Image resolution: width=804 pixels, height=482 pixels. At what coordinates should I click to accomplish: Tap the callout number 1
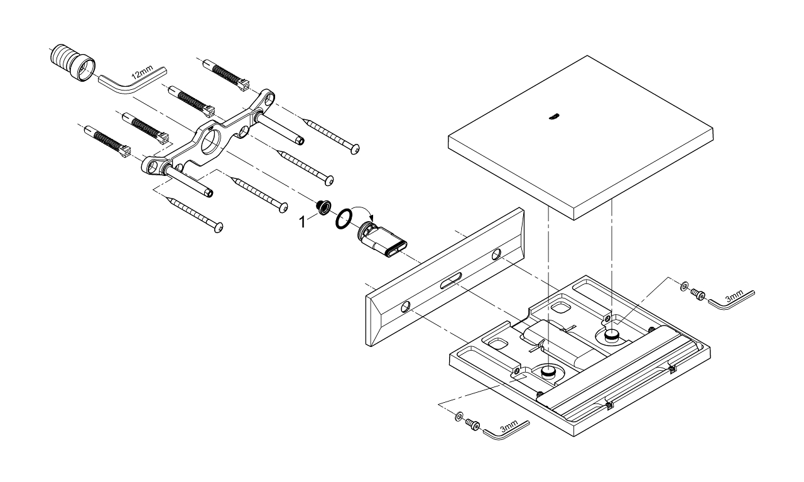[x=305, y=221]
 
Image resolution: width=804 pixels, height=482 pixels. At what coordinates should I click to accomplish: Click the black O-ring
[x=343, y=219]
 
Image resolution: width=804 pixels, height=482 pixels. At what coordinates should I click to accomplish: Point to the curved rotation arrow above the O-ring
[x=362, y=212]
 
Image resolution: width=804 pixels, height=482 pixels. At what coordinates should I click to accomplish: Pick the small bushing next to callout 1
[x=324, y=207]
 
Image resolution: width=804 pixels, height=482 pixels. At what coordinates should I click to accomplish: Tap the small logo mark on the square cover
[x=553, y=116]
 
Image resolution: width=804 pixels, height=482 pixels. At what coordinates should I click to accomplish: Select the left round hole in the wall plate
[x=406, y=307]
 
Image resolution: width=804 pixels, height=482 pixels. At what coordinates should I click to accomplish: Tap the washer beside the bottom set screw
[x=460, y=416]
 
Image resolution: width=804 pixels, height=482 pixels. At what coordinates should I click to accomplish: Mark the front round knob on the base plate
[x=548, y=373]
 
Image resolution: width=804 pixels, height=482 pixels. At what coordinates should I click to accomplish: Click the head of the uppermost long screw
[x=356, y=149]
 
